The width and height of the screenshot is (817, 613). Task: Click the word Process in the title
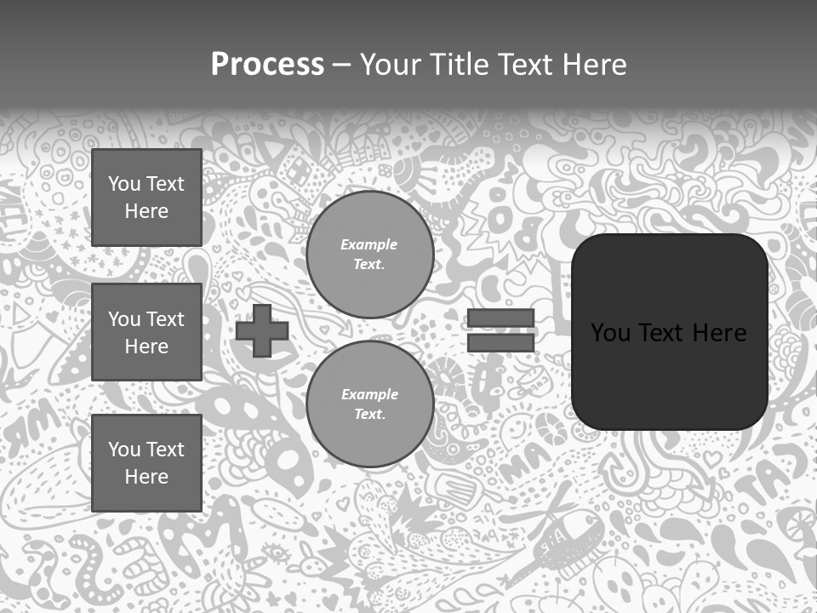tap(267, 65)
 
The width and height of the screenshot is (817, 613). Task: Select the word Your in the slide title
tap(389, 65)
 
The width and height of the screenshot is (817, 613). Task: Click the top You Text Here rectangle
tap(146, 198)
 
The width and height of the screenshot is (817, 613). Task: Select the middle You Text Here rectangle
tap(146, 332)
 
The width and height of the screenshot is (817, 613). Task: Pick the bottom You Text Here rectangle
tap(146, 462)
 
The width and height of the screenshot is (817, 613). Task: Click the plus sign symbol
tap(262, 331)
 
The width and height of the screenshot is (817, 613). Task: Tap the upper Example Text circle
tap(369, 255)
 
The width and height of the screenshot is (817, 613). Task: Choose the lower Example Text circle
tap(369, 404)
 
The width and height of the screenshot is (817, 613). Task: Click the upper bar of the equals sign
tap(500, 318)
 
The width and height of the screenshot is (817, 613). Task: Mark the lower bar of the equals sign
tap(500, 343)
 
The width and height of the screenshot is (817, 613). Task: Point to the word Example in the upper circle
tap(369, 244)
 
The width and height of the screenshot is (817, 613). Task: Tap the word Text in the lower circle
tap(368, 415)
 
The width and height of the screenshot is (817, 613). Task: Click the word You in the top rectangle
tap(124, 184)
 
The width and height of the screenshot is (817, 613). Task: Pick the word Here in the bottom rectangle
tap(146, 477)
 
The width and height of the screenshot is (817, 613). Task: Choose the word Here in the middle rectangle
tap(146, 347)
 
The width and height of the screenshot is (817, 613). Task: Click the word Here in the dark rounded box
tap(720, 333)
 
